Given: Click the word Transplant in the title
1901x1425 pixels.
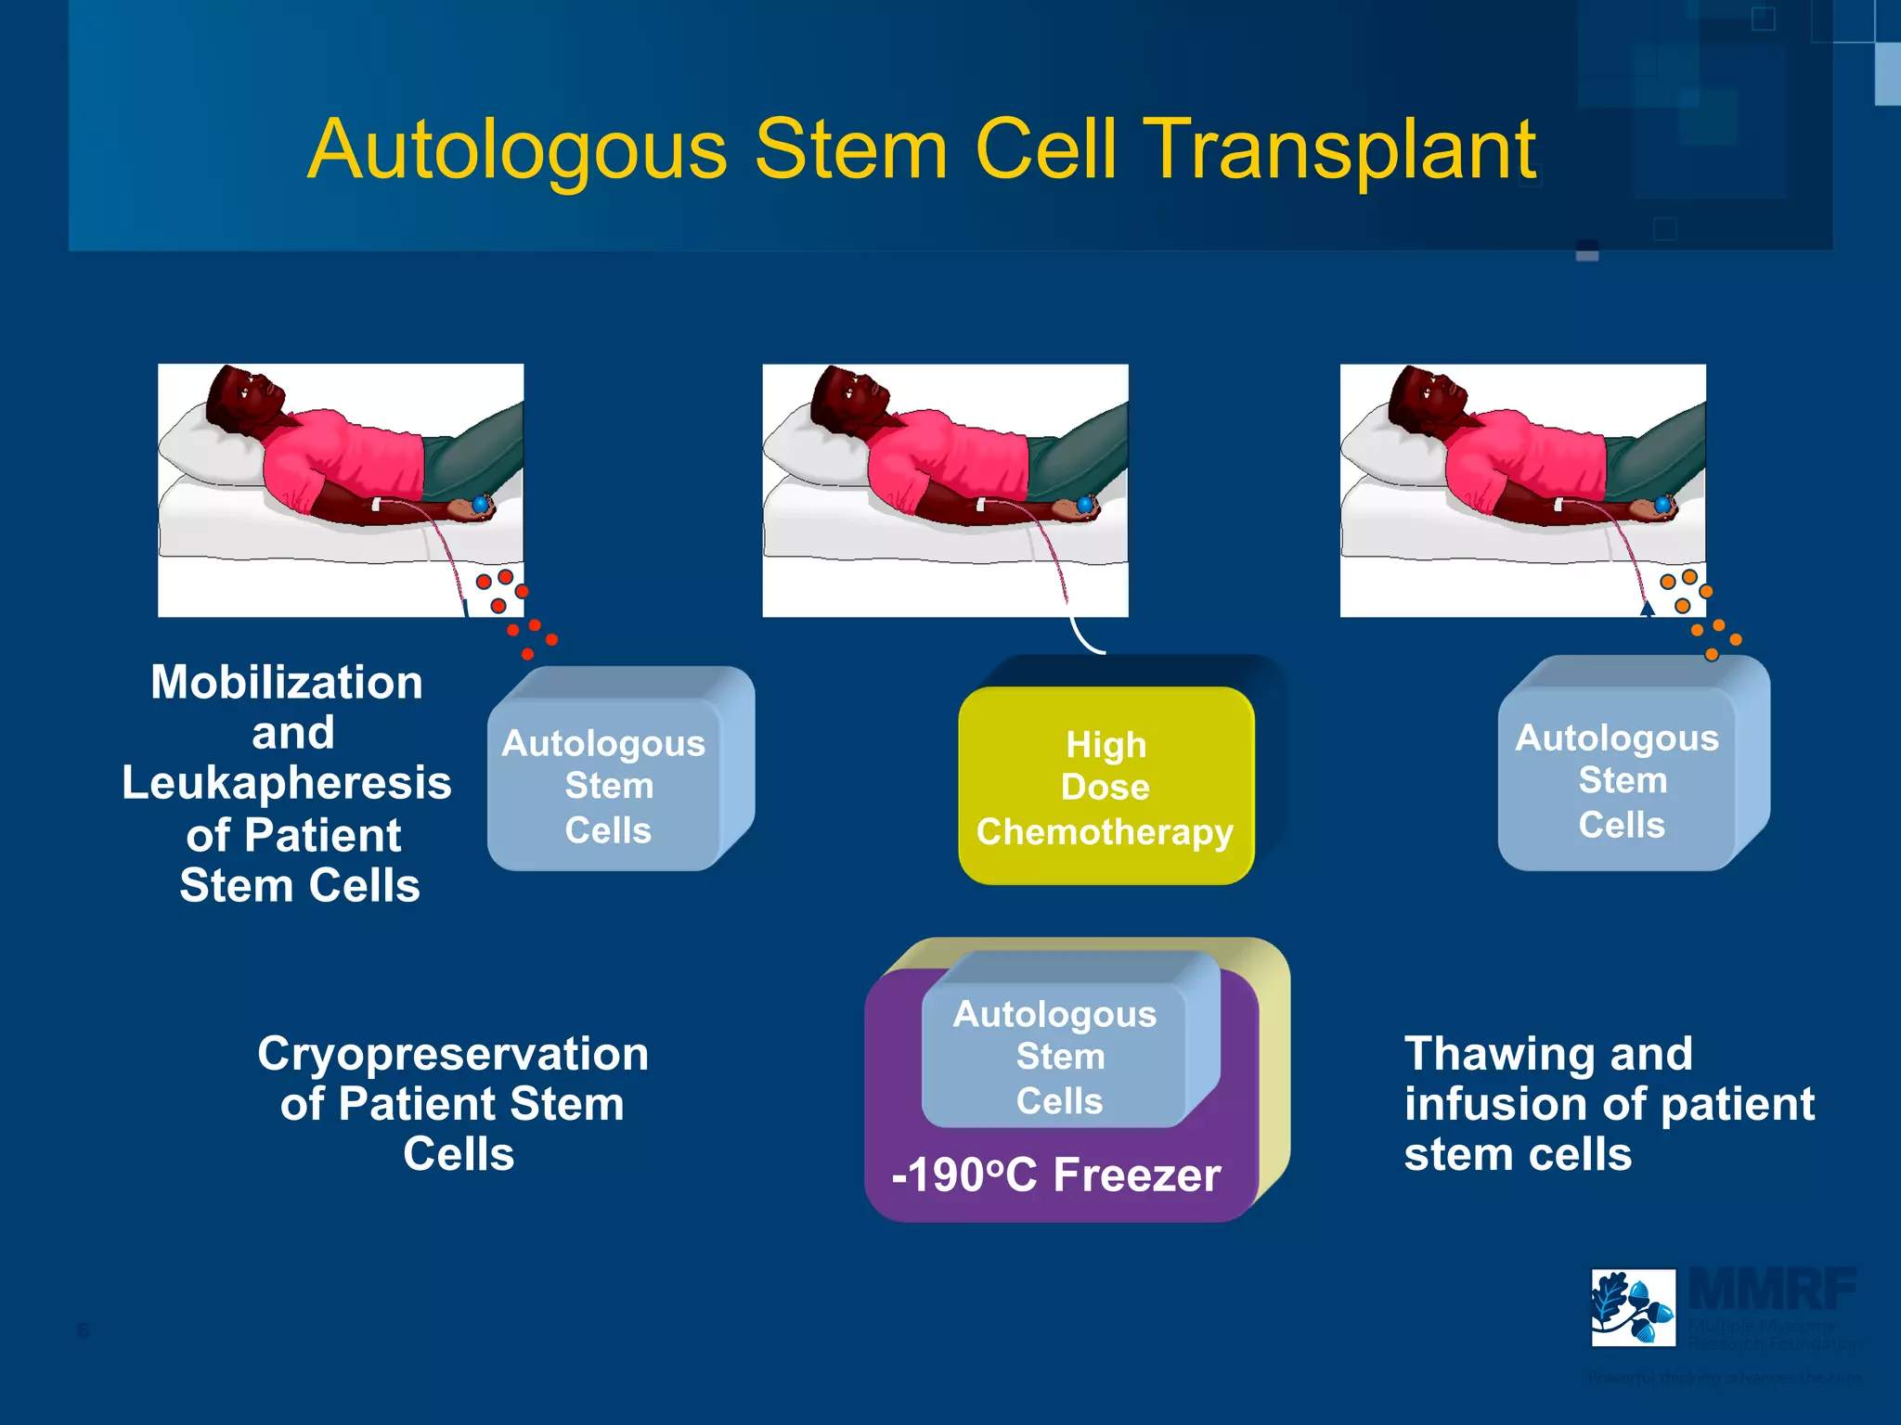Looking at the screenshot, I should pos(1341,150).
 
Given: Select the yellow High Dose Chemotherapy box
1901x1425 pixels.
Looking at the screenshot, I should pos(1105,787).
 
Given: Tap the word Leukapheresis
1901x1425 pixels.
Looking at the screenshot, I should pos(286,783).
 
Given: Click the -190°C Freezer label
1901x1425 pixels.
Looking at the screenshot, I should pos(1055,1175).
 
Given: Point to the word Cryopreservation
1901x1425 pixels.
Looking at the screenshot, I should pos(453,1054).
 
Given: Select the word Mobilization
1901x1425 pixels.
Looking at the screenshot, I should pos(286,683).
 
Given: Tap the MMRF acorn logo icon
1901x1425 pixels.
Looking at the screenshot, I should pos(1633,1307).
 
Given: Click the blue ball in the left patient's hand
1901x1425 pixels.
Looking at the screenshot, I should pos(480,504).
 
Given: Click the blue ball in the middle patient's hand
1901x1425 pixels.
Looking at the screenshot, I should pos(1084,505).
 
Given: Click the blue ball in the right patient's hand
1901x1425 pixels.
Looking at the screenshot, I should pos(1662,505).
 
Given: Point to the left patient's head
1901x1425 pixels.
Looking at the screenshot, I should pos(243,394).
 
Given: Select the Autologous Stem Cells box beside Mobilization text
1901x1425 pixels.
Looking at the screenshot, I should pos(608,785).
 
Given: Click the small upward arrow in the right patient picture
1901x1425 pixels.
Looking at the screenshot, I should pos(1648,609).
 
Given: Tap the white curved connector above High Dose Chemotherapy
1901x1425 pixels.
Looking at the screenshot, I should pos(1082,638).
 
